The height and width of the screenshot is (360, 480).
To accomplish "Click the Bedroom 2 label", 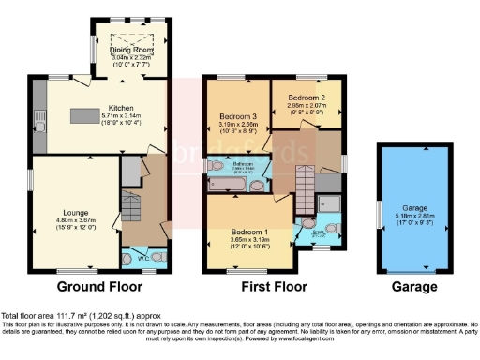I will pos(306,97).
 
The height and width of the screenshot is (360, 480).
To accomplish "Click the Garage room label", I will pos(412,209).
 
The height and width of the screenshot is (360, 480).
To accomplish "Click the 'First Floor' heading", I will pos(273,286).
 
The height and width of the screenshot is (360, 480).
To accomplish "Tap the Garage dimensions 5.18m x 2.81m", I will pos(412,218).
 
